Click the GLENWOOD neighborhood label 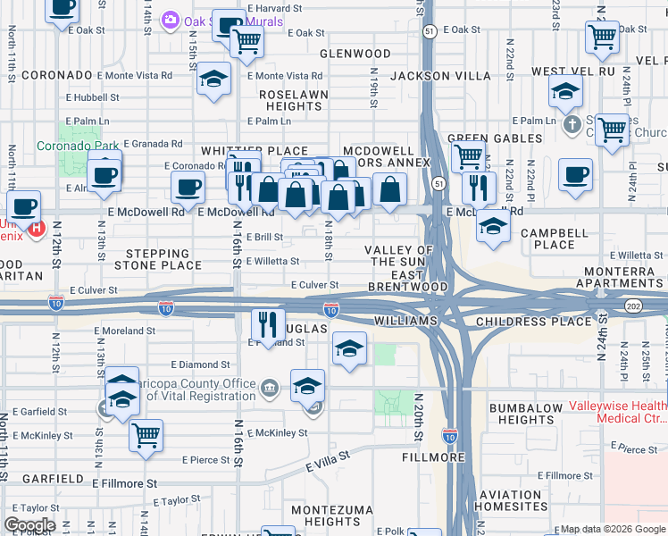355,54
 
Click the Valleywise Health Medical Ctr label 616,412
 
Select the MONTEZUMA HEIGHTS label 325,515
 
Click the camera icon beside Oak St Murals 170,19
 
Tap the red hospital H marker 36,229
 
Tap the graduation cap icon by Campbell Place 493,227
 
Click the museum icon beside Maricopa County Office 270,387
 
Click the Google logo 29,526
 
